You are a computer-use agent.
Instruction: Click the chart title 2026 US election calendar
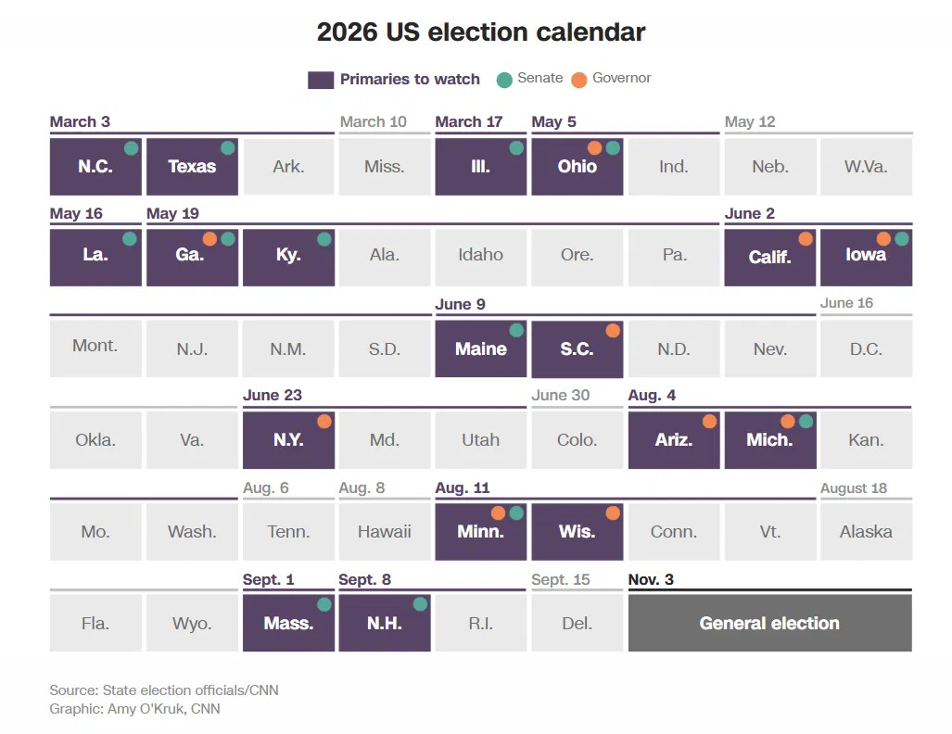pyautogui.click(x=480, y=32)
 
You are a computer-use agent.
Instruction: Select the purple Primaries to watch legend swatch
pyautogui.click(x=320, y=80)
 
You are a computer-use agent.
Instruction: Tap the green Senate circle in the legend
pyautogui.click(x=504, y=79)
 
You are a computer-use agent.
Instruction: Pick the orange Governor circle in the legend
pyautogui.click(x=579, y=79)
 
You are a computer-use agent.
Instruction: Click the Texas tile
pyautogui.click(x=192, y=167)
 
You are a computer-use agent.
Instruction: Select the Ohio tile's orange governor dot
pyautogui.click(x=595, y=147)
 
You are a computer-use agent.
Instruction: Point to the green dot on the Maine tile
pyautogui.click(x=516, y=330)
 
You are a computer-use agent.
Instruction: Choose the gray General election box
pyautogui.click(x=769, y=624)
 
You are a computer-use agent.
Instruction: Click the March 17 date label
pyautogui.click(x=470, y=122)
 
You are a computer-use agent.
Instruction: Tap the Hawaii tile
pyautogui.click(x=384, y=532)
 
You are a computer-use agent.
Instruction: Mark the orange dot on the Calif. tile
pyautogui.click(x=806, y=239)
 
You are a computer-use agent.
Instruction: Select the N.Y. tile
pyautogui.click(x=288, y=440)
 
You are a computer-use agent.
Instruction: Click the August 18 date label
pyautogui.click(x=853, y=488)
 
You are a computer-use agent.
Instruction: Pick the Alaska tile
pyautogui.click(x=866, y=532)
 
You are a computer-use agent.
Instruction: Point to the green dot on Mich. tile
pyautogui.click(x=806, y=422)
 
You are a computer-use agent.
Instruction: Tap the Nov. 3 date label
pyautogui.click(x=651, y=580)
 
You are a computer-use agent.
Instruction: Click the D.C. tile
pyautogui.click(x=866, y=349)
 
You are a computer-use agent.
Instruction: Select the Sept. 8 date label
pyautogui.click(x=364, y=580)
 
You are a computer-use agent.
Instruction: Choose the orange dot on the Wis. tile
pyautogui.click(x=613, y=513)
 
